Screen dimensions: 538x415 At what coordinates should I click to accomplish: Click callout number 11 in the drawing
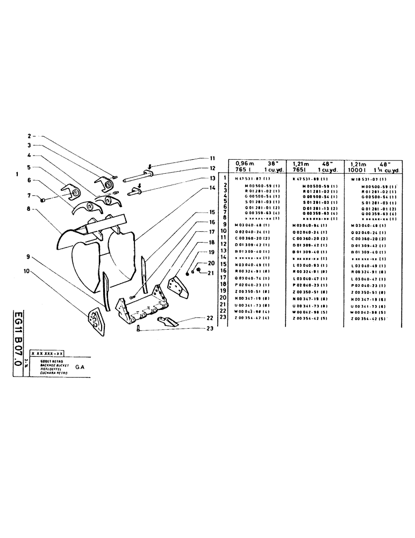212,159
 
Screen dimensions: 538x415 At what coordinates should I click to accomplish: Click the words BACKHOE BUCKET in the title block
48,364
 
